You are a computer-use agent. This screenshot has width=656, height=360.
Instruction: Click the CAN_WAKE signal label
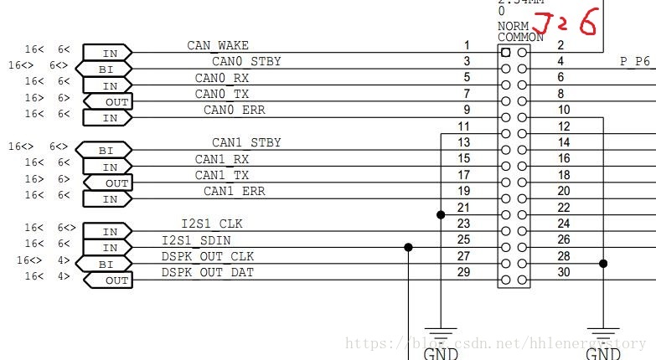tap(218, 45)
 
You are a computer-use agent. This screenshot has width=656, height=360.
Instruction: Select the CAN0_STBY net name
tap(246, 61)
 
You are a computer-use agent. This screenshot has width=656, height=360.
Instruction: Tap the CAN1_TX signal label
tap(222, 175)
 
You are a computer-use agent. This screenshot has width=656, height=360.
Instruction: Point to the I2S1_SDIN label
tap(196, 240)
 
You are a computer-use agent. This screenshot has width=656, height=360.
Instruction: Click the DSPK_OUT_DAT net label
tap(208, 272)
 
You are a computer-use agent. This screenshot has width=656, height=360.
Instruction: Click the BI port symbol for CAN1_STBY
tap(105, 151)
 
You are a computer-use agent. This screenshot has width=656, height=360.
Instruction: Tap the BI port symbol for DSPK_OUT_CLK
tap(105, 264)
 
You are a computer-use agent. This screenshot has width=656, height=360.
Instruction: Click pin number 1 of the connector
tap(467, 45)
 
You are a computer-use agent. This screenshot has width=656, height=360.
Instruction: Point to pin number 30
tap(563, 272)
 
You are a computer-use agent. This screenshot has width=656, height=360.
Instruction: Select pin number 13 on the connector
tap(463, 142)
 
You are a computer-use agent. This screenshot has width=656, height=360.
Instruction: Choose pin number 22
tap(563, 208)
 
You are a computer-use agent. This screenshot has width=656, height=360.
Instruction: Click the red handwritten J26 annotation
tap(566, 23)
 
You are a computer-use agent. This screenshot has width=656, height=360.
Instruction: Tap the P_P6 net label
tap(635, 61)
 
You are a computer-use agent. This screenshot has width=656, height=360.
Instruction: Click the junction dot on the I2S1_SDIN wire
tap(408, 247)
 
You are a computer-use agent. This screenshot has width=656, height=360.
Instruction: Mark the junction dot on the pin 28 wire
tap(603, 263)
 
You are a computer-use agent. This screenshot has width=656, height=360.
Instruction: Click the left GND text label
tap(441, 353)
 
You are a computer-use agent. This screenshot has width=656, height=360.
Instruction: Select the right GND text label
tap(603, 353)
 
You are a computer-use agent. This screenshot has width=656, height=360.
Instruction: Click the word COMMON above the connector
tap(520, 37)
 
